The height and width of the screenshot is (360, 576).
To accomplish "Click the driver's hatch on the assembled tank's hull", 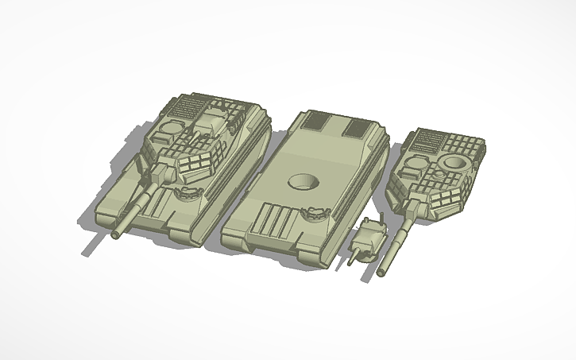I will (x=184, y=192).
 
